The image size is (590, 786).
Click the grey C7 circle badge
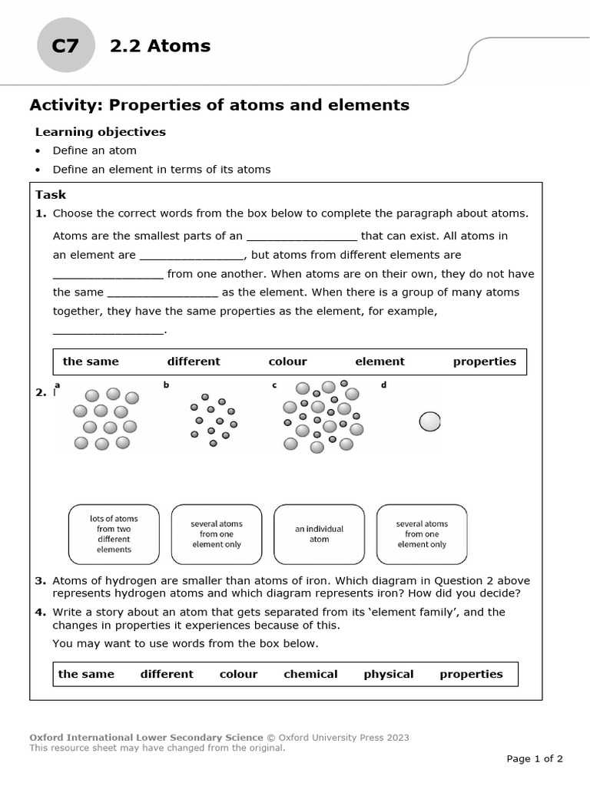65,46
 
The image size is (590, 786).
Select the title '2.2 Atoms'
160,46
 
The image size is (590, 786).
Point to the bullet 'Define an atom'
94,150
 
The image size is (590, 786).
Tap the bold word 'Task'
51,195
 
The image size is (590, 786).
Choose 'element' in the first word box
380,362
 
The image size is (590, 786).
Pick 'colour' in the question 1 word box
287,362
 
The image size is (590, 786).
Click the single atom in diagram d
429,421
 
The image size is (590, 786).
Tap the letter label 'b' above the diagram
165,385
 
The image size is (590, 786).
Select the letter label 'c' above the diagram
274,385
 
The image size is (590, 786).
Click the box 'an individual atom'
319,534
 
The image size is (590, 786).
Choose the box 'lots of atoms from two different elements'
114,534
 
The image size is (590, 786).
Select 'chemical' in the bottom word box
310,674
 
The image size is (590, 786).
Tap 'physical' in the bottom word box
388,674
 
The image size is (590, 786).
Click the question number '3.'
41,581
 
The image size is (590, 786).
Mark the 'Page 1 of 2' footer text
535,759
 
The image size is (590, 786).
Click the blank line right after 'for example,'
108,330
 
